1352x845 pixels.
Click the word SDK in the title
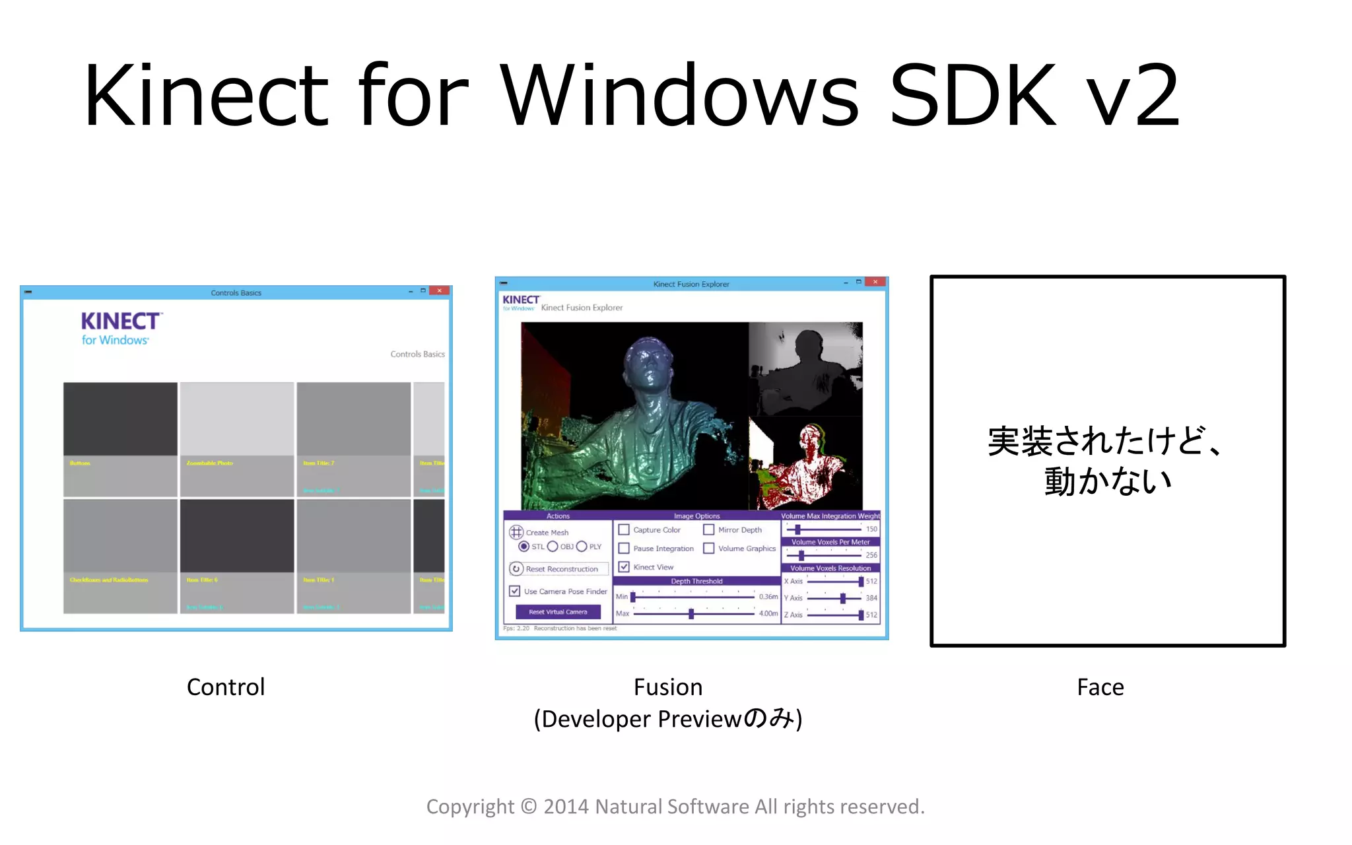coord(973,96)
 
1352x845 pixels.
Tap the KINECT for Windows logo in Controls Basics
coord(121,329)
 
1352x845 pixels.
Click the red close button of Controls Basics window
coord(440,291)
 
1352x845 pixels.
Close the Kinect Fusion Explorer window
coord(875,283)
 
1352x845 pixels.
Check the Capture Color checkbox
coord(624,530)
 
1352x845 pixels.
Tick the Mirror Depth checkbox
coord(709,530)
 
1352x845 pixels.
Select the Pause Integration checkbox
coord(624,549)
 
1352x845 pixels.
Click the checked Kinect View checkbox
coord(624,567)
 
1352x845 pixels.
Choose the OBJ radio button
coord(553,547)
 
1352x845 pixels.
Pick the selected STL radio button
coord(524,547)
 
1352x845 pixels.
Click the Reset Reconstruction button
coord(558,569)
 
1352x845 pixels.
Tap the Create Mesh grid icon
coord(516,532)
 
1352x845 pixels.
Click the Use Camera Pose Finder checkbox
coord(515,591)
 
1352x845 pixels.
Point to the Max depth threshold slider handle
coord(691,614)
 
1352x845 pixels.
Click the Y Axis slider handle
coord(843,598)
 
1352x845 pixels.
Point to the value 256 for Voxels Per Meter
coord(871,555)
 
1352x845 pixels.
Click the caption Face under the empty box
coord(1100,687)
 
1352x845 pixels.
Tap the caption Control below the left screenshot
coord(226,687)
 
